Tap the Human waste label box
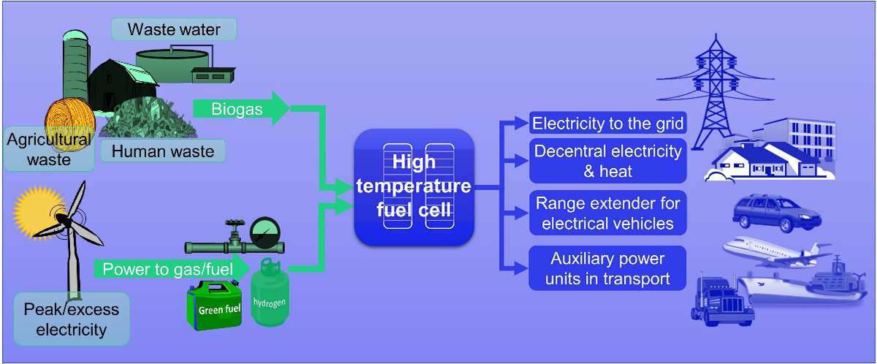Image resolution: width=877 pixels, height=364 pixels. coord(163,151)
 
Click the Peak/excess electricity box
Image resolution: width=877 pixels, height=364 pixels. coord(72,319)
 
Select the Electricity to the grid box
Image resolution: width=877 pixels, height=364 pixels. coord(608,123)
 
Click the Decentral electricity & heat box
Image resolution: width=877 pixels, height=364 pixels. coord(608,161)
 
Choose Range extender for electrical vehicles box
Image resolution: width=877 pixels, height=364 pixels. coord(608,213)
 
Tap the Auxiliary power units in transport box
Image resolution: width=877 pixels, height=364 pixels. coord(608,268)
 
